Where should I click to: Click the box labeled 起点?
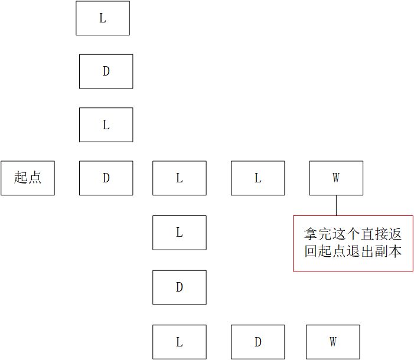click(x=28, y=178)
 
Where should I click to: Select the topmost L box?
click(x=103, y=18)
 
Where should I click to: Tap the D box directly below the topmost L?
click(x=106, y=71)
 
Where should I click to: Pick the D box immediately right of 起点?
click(x=106, y=178)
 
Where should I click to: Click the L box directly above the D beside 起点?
click(x=106, y=125)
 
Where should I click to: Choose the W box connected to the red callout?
click(x=336, y=178)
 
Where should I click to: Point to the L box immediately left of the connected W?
click(x=258, y=178)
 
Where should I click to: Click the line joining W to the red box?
click(x=337, y=205)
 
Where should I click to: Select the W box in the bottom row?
click(x=333, y=342)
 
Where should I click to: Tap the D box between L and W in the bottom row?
click(x=258, y=342)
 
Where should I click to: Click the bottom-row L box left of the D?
click(x=180, y=342)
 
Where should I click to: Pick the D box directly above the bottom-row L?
click(x=180, y=287)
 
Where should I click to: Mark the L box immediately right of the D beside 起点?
click(x=180, y=178)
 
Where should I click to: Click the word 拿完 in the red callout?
click(x=318, y=234)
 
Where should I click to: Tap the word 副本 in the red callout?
click(x=387, y=251)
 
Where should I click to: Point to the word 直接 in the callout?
click(x=374, y=234)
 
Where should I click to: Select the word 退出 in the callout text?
click(x=360, y=251)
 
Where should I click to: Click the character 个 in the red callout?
click(x=353, y=234)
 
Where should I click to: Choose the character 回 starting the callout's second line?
click(x=311, y=251)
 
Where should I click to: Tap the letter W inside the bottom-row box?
click(x=333, y=342)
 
